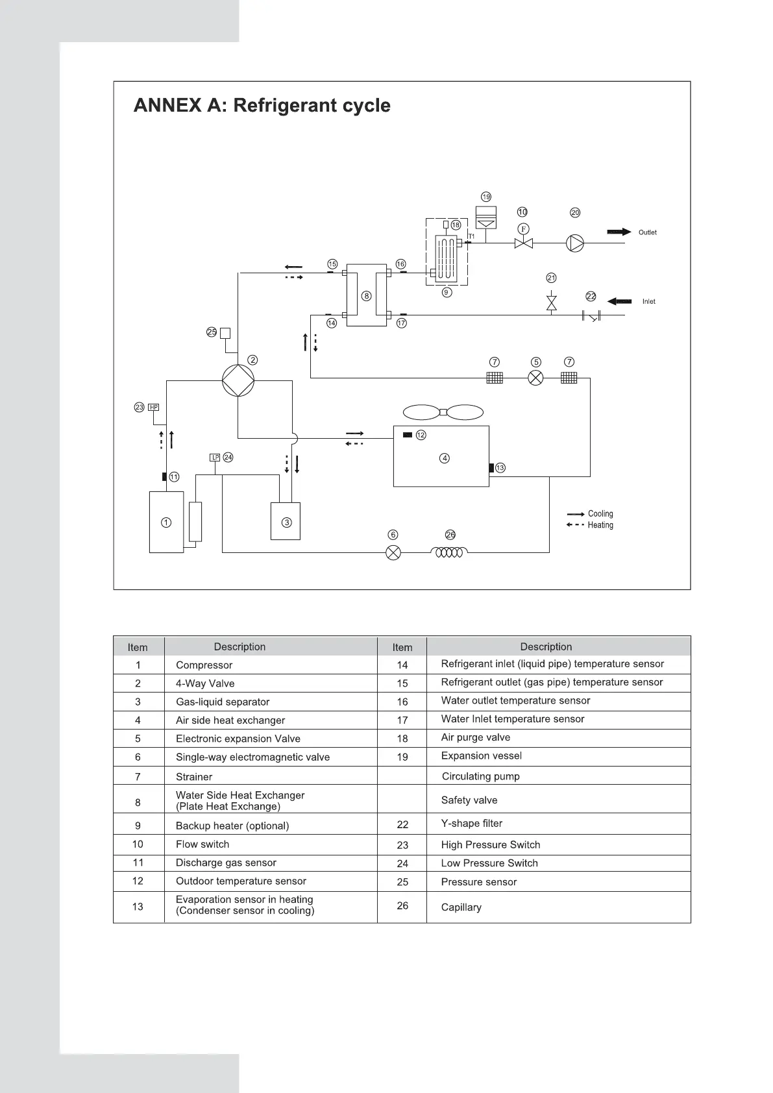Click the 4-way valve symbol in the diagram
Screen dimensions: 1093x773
[x=238, y=380]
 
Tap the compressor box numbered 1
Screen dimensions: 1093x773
[x=166, y=522]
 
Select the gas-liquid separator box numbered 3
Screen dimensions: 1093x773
[x=286, y=521]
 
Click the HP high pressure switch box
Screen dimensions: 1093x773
[x=154, y=408]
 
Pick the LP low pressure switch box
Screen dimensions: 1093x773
[x=215, y=458]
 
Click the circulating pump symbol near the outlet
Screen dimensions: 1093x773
[x=575, y=243]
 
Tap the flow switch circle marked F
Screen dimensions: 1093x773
[x=523, y=229]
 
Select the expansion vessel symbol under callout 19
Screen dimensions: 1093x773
[x=486, y=217]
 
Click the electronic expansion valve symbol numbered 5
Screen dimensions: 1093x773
[x=535, y=378]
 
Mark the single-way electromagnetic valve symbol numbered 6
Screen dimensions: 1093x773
[x=393, y=553]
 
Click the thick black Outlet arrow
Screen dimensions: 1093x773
[x=619, y=232]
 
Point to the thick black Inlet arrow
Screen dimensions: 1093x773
[x=619, y=301]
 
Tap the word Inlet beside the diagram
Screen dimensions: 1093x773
[x=649, y=302]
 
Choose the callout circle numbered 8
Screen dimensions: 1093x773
[x=367, y=296]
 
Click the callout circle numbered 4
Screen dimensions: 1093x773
[x=445, y=458]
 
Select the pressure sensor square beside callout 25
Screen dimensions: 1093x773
[x=225, y=333]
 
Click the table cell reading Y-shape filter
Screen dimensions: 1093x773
[x=472, y=824]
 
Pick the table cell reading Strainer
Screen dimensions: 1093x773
[x=194, y=777]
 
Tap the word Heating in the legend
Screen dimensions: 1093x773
[x=600, y=525]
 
